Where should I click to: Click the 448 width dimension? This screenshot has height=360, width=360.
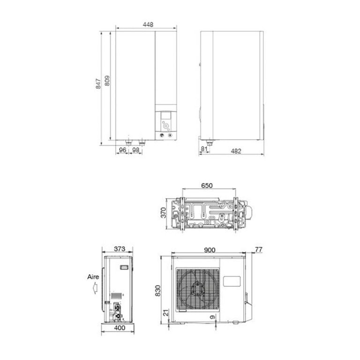148,24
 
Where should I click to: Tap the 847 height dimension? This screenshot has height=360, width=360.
98,83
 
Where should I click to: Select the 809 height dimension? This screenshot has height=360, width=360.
107,80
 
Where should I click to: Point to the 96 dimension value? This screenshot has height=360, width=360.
123,150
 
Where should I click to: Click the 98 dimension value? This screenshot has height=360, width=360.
136,150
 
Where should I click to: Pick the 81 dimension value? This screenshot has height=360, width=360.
204,149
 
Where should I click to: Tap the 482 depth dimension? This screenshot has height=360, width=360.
236,151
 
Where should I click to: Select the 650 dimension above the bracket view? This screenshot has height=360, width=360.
207,186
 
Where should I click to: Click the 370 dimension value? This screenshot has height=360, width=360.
163,213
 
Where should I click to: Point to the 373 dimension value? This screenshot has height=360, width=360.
120,248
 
